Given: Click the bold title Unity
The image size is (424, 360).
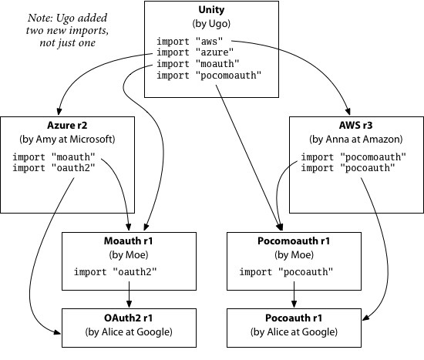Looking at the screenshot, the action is pyautogui.click(x=211, y=10).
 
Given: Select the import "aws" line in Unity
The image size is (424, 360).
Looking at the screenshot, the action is pyautogui.click(x=190, y=42).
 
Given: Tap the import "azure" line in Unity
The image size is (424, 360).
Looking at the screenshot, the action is pyautogui.click(x=195, y=52).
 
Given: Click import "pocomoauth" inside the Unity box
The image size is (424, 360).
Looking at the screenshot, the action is pyautogui.click(x=209, y=76).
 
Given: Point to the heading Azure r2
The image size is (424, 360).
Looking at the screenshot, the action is pyautogui.click(x=67, y=125).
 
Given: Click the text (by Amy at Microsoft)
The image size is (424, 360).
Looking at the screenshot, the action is pyautogui.click(x=67, y=139).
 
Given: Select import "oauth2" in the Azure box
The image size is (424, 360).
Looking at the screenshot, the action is pyautogui.click(x=54, y=168).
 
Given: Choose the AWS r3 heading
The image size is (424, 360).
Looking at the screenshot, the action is pyautogui.click(x=356, y=125).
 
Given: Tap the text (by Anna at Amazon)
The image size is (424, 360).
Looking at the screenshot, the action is pyautogui.click(x=356, y=139).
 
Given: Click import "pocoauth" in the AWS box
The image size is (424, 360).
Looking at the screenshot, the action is pyautogui.click(x=348, y=168).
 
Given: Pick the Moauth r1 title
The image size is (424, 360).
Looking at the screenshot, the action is pyautogui.click(x=129, y=241).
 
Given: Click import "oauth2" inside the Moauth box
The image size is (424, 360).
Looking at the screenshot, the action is pyautogui.click(x=115, y=272).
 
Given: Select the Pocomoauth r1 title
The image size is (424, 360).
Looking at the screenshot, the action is pyautogui.click(x=294, y=241).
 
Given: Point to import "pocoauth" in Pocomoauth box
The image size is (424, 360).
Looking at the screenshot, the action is pyautogui.click(x=286, y=272).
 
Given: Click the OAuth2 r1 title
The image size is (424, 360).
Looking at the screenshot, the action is pyautogui.click(x=129, y=318).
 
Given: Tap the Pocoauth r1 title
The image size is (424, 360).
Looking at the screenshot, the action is pyautogui.click(x=294, y=318).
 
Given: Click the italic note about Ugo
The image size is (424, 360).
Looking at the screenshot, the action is pyautogui.click(x=67, y=30).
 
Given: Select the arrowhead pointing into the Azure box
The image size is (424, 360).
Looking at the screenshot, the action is pyautogui.click(x=59, y=112).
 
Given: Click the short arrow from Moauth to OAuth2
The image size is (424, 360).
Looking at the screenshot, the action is pyautogui.click(x=129, y=294).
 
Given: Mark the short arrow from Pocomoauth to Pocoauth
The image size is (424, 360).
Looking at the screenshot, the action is pyautogui.click(x=294, y=294).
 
